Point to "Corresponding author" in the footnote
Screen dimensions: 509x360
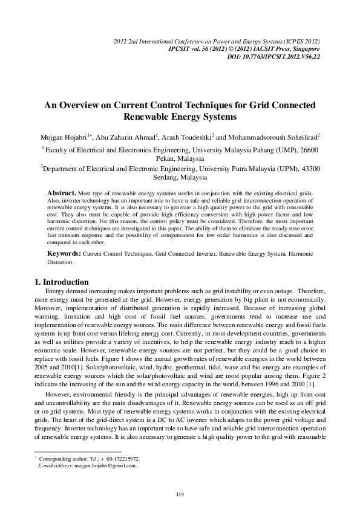(x=62, y=459)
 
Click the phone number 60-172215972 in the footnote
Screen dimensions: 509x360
(x=122, y=459)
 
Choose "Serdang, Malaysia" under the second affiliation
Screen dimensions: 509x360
(x=180, y=178)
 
